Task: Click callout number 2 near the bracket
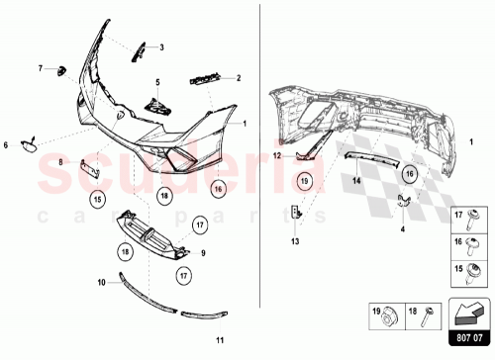(239, 76)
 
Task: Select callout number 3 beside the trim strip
(162, 46)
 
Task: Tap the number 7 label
(41, 68)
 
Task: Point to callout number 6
(6, 145)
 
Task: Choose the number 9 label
(203, 253)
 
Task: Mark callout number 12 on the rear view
(278, 155)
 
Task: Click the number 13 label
(294, 240)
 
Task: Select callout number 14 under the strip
(353, 183)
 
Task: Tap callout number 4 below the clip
(404, 228)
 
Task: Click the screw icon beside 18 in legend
(427, 315)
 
